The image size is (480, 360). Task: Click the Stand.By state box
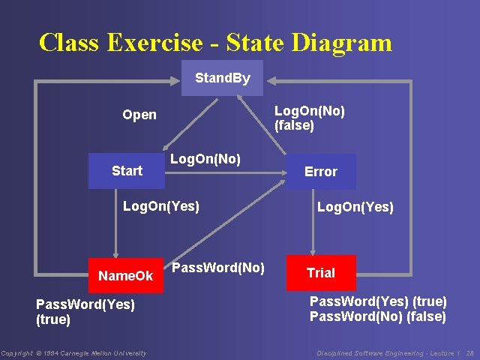tap(222, 78)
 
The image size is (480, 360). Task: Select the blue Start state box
tap(126, 171)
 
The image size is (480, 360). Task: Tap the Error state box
tap(320, 172)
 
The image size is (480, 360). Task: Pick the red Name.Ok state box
tap(125, 276)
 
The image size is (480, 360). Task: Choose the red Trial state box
tap(320, 273)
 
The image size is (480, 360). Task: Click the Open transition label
tap(139, 115)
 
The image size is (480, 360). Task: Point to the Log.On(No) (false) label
tap(309, 118)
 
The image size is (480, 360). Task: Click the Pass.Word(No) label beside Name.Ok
tap(218, 267)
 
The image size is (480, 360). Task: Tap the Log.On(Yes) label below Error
tap(355, 207)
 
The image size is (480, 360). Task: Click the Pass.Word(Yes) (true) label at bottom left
tap(85, 311)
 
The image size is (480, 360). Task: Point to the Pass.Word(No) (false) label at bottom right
tap(378, 316)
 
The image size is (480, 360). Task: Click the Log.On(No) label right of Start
tap(205, 159)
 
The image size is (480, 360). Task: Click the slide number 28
tap(470, 352)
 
